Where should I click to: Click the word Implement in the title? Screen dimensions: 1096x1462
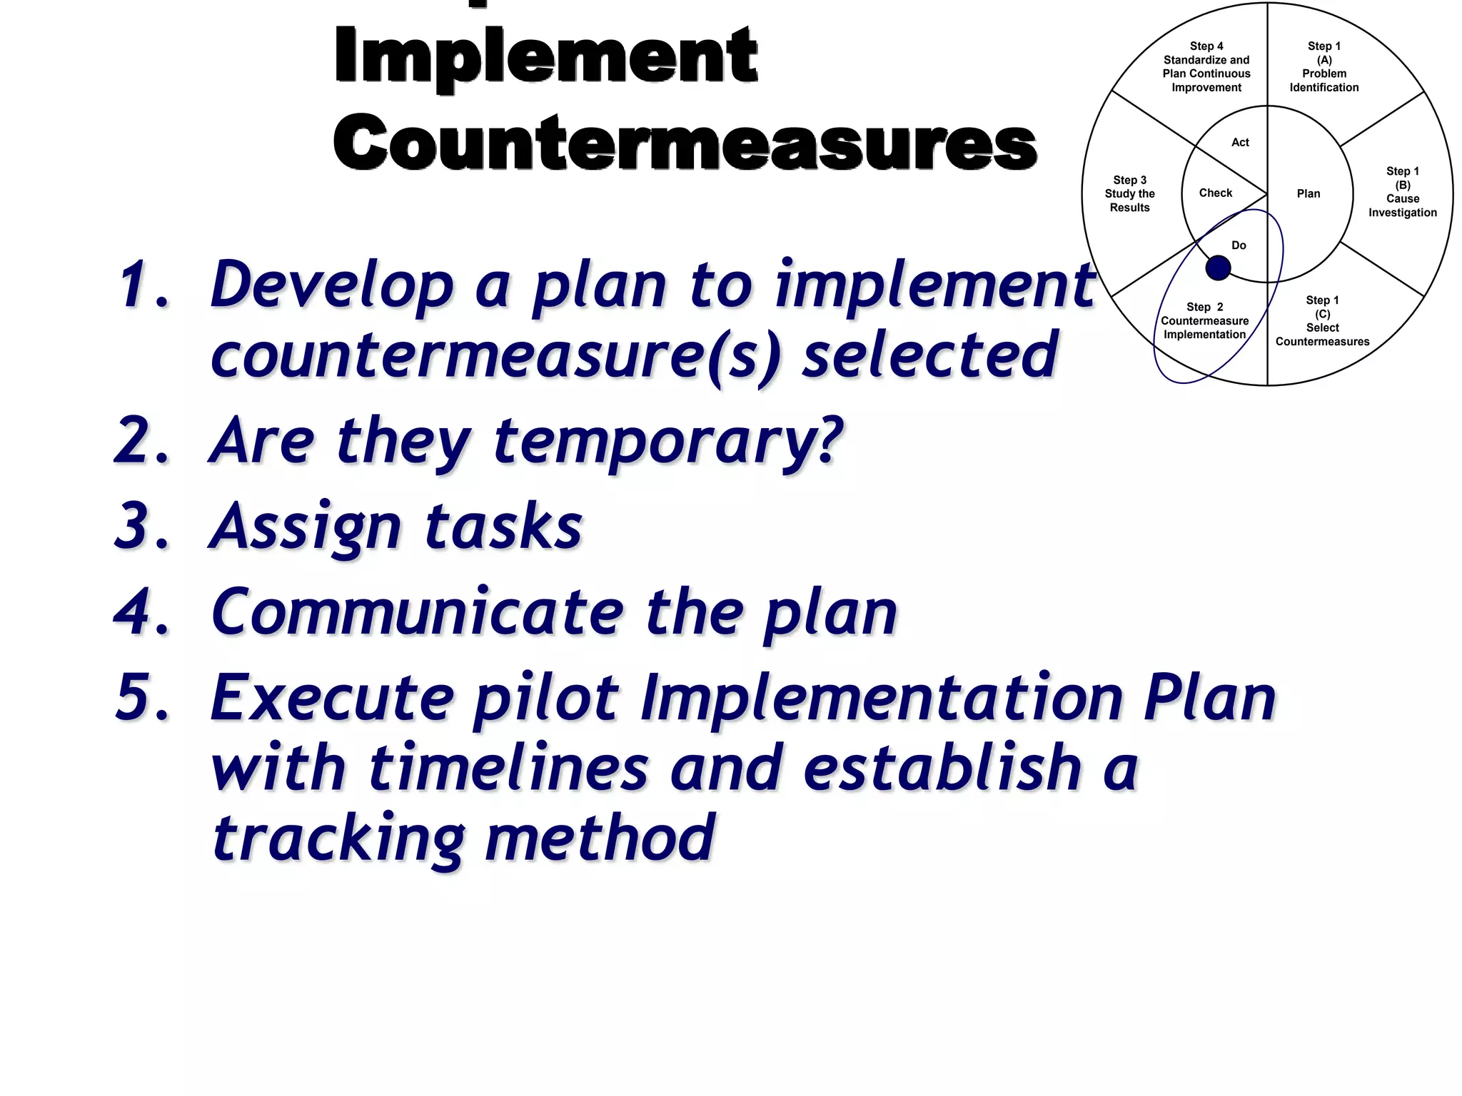coord(546,57)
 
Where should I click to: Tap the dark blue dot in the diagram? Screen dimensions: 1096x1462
coord(1218,268)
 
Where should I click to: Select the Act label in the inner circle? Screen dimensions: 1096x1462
coord(1240,143)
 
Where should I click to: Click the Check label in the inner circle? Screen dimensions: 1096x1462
coord(1215,193)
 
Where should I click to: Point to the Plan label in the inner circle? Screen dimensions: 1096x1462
coord(1308,194)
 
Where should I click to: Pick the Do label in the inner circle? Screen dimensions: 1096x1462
coord(1239,245)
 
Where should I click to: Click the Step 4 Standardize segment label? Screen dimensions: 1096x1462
coord(1206,67)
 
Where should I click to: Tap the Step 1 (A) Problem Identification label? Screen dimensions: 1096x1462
coord(1324,67)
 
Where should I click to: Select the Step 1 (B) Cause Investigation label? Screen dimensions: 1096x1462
coord(1402,192)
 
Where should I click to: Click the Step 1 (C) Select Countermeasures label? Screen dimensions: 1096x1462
coord(1322,321)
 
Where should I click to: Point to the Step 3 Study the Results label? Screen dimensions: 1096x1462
coord(1129,194)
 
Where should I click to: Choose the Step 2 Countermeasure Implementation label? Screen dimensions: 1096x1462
coord(1204,321)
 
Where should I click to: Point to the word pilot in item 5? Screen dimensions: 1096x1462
coord(546,699)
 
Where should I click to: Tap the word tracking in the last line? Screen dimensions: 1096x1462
coord(338,838)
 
